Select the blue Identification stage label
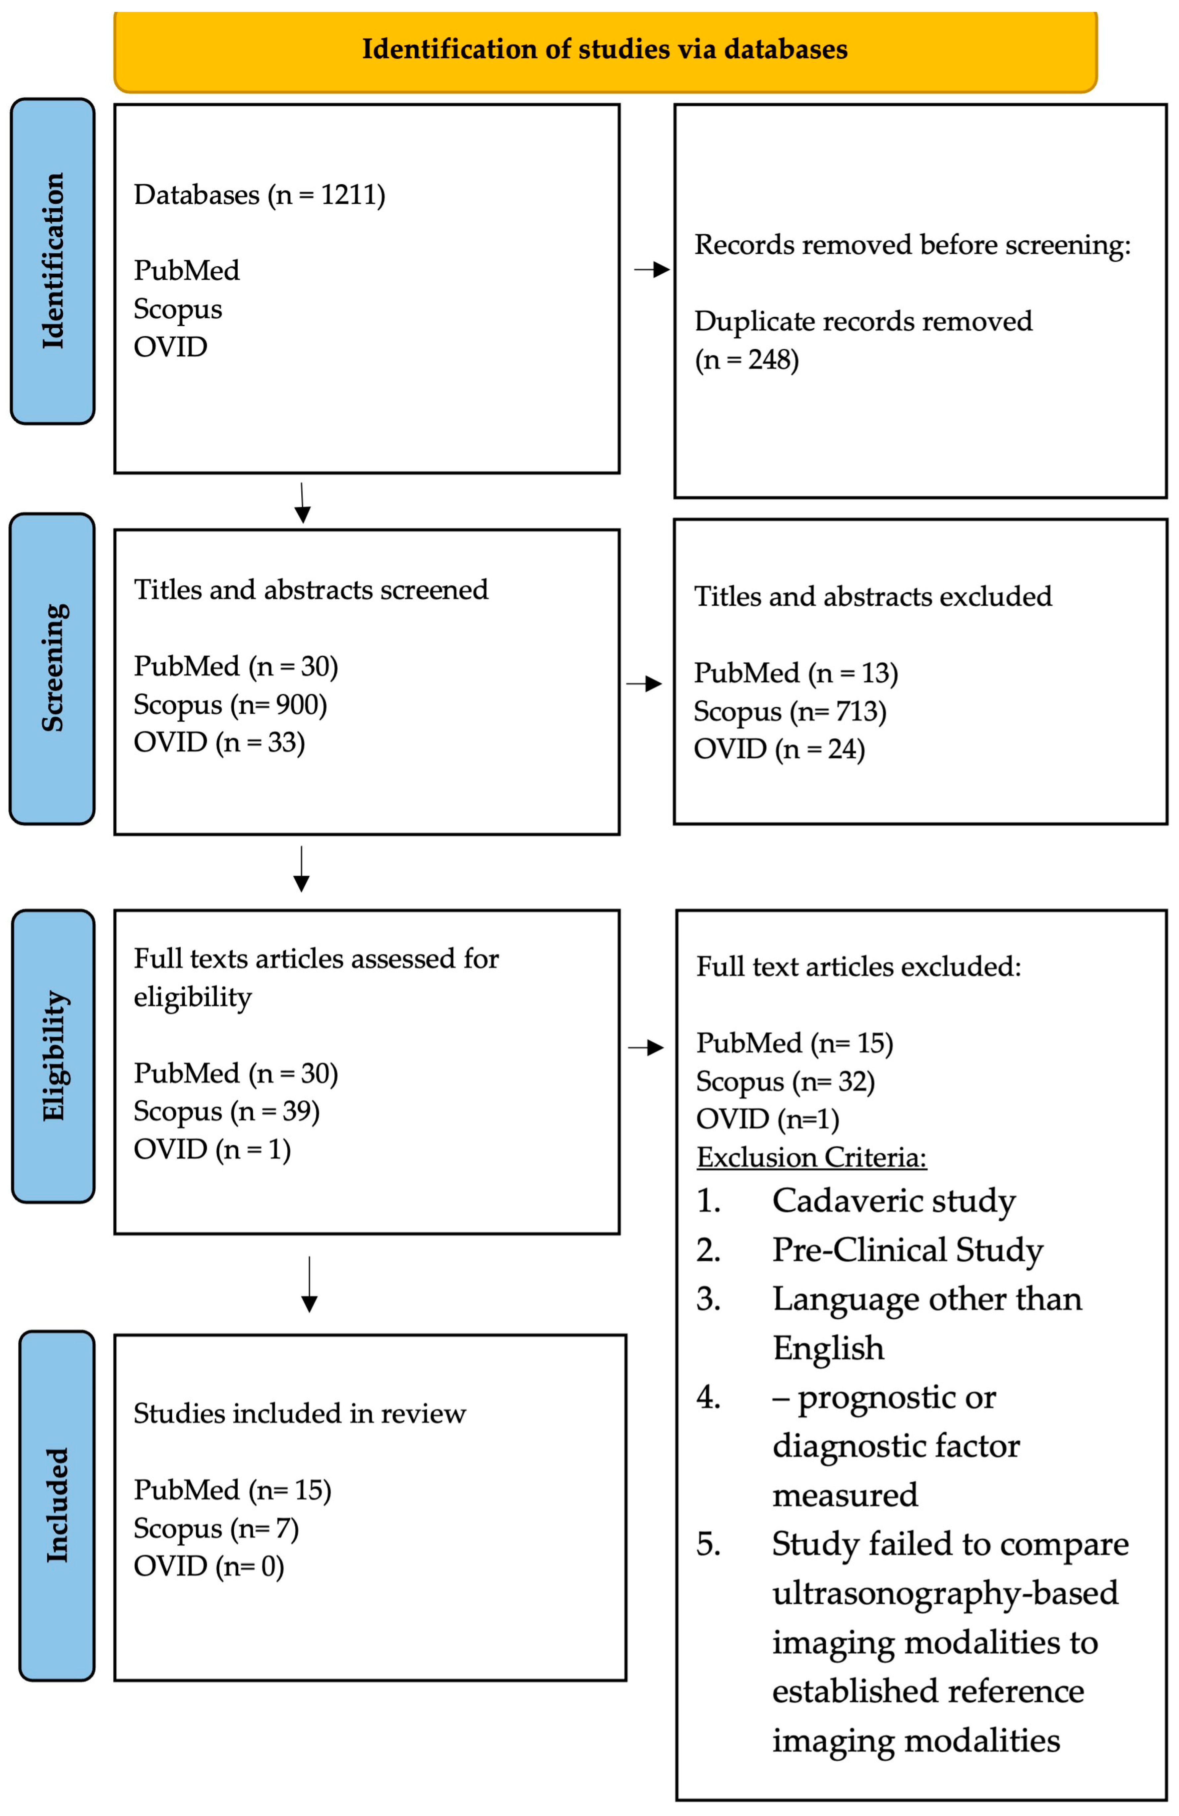53,261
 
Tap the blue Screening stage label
53,668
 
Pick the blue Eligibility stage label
53,1056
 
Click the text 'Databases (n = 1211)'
260,195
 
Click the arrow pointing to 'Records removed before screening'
652,269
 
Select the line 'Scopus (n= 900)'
230,705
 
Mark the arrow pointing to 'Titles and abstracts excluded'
645,684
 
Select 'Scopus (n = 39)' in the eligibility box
227,1112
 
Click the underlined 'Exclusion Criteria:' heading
811,1158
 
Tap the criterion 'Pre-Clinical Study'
907,1250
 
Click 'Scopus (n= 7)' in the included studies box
216,1528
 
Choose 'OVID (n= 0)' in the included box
209,1567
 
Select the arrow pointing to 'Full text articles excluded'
646,1048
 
